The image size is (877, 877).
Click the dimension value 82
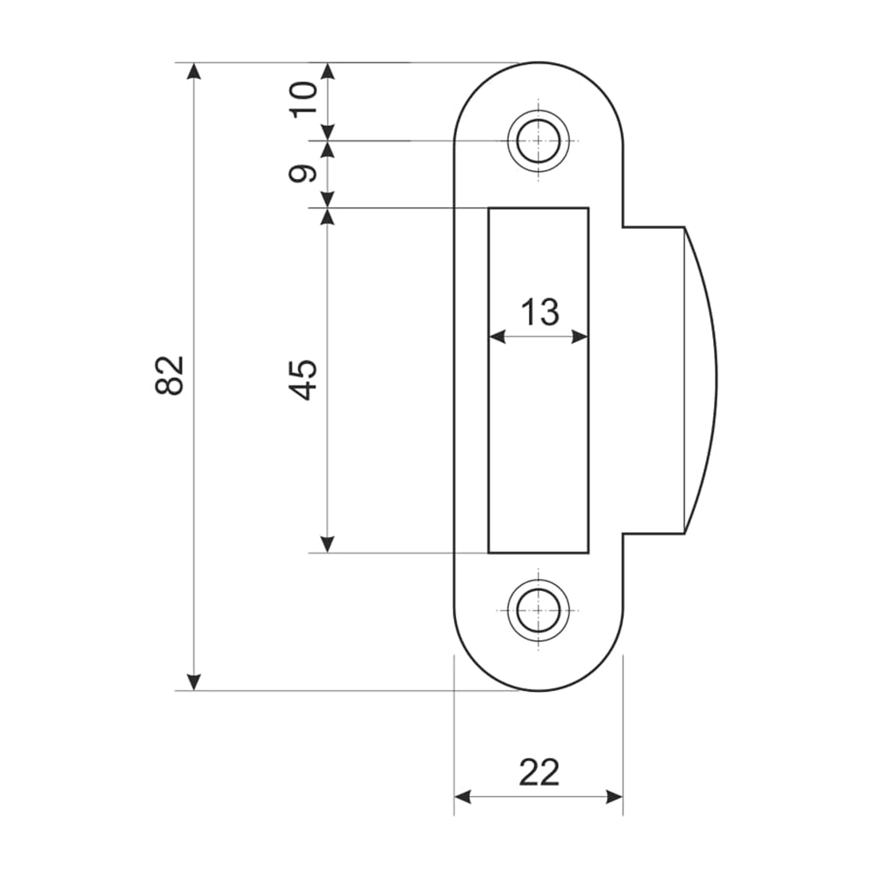pyautogui.click(x=169, y=375)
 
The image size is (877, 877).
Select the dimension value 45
pyautogui.click(x=303, y=381)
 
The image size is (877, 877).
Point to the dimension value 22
pyautogui.click(x=538, y=773)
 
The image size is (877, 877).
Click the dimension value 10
pyautogui.click(x=303, y=98)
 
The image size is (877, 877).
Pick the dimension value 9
pyautogui.click(x=303, y=174)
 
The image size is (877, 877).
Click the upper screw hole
pyautogui.click(x=538, y=140)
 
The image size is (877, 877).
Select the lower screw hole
pyautogui.click(x=538, y=610)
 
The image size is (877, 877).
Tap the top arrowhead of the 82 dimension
pyautogui.click(x=194, y=71)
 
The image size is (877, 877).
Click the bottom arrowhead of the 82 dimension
pyautogui.click(x=194, y=681)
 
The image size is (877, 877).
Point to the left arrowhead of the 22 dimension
pyautogui.click(x=462, y=797)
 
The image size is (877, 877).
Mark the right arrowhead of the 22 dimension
pyautogui.click(x=614, y=797)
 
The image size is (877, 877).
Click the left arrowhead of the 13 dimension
pyautogui.click(x=497, y=338)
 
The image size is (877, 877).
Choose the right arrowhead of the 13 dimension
pyautogui.click(x=580, y=338)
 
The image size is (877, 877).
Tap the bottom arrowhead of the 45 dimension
pyautogui.click(x=327, y=545)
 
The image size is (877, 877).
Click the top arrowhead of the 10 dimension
pyautogui.click(x=328, y=71)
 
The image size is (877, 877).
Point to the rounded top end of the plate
pyautogui.click(x=538, y=62)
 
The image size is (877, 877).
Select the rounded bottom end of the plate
pyautogui.click(x=538, y=690)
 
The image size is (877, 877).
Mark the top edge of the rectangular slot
pyautogui.click(x=538, y=208)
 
